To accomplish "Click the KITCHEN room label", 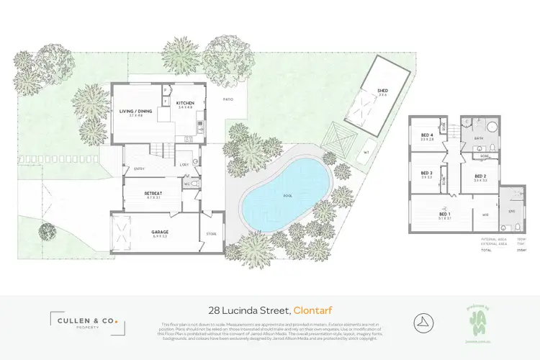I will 185,104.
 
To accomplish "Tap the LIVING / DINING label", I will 136,112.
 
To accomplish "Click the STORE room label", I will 210,233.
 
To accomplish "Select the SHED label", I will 382,91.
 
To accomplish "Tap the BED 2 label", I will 481,176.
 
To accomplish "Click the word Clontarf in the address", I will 315,310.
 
